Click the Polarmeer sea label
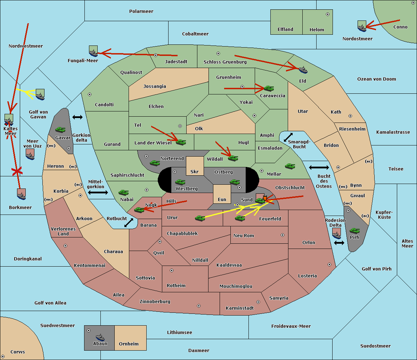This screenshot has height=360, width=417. pyautogui.click(x=141, y=11)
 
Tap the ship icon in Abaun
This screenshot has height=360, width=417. pyautogui.click(x=100, y=337)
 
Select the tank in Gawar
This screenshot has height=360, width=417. pyautogui.click(x=60, y=129)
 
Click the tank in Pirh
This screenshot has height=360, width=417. pyautogui.click(x=354, y=231)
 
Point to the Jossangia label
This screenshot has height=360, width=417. pyautogui.click(x=155, y=86)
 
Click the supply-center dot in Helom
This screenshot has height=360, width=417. pyautogui.click(x=328, y=14)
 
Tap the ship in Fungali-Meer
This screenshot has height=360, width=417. pyautogui.click(x=93, y=51)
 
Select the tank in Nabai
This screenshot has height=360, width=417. pyautogui.click(x=123, y=192)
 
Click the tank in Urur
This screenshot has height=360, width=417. pyautogui.click(x=200, y=218)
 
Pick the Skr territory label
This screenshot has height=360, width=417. pyautogui.click(x=195, y=171)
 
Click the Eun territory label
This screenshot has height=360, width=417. pyautogui.click(x=222, y=199)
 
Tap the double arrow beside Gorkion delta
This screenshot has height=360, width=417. pyautogui.click(x=77, y=117)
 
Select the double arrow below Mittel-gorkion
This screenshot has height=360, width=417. pyautogui.click(x=98, y=192)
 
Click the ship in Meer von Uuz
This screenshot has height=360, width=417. pyautogui.click(x=30, y=154)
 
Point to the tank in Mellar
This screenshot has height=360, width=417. pyautogui.click(x=290, y=166)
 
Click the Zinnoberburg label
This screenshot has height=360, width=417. pyautogui.click(x=155, y=301)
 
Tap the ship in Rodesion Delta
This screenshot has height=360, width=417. pyautogui.click(x=336, y=233)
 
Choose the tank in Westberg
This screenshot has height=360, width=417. pyautogui.click(x=180, y=182)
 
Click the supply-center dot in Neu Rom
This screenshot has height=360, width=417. pyautogui.click(x=283, y=235)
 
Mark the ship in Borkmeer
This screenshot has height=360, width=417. pyautogui.click(x=22, y=194)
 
